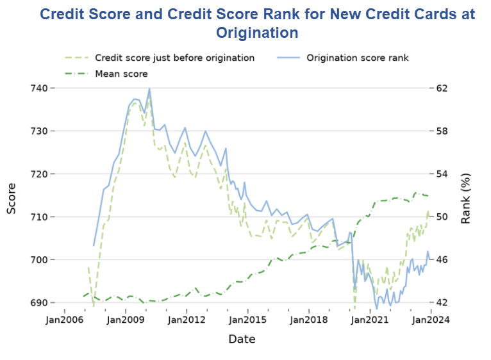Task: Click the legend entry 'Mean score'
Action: (x=121, y=74)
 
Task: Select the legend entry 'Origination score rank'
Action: (x=357, y=58)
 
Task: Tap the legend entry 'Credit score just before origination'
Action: (x=174, y=58)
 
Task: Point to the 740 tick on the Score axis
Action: (x=35, y=88)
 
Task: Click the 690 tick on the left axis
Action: (x=35, y=302)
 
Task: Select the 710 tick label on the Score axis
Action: (x=35, y=217)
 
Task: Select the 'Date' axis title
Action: (x=242, y=339)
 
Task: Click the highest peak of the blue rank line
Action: (x=149, y=88)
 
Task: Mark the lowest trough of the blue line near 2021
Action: (x=376, y=309)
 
